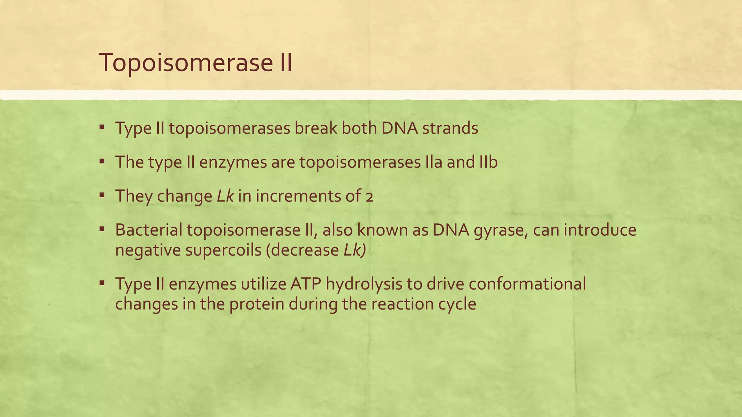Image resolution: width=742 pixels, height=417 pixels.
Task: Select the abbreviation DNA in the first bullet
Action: click(x=399, y=129)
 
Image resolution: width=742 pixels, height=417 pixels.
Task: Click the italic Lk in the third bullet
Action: click(x=225, y=196)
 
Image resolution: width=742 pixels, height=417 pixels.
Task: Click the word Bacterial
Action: click(x=149, y=230)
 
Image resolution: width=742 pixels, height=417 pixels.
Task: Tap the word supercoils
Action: click(x=223, y=250)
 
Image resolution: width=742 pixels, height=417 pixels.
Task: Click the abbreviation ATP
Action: click(x=305, y=284)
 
